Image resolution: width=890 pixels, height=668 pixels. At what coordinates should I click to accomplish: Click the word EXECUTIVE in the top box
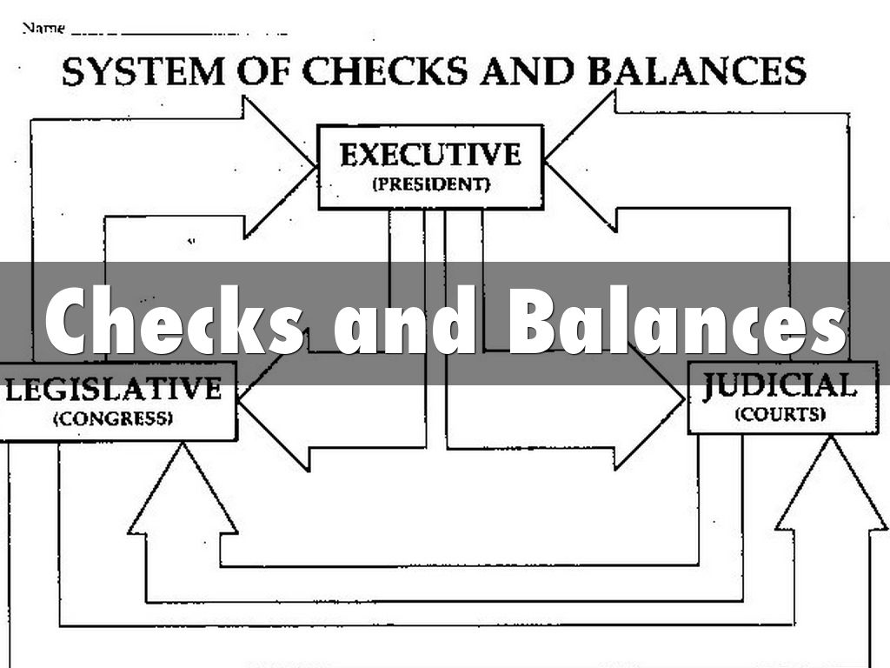[430, 154]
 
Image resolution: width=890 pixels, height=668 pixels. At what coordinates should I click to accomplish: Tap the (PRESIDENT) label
[431, 184]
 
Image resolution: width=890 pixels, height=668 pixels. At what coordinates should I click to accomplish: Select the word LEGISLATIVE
[113, 389]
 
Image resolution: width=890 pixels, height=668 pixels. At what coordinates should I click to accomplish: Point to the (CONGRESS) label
[113, 418]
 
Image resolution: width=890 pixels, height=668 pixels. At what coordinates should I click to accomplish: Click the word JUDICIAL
[780, 385]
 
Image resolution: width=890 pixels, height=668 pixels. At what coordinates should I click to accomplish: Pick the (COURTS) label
[780, 414]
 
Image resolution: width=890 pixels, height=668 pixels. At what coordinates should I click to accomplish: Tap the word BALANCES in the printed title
[697, 70]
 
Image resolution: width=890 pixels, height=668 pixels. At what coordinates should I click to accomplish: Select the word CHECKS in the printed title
[385, 71]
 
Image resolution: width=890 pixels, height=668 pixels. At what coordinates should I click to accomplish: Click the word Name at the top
[43, 28]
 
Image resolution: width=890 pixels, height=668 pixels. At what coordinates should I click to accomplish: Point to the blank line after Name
[179, 34]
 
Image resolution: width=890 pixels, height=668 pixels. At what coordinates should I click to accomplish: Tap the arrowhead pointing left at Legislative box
[274, 401]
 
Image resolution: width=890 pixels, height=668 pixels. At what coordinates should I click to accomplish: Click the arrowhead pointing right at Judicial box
[648, 400]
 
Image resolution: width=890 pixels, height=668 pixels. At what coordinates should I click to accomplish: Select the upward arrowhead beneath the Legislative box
[183, 489]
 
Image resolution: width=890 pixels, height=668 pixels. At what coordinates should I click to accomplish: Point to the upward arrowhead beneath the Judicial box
[831, 484]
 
